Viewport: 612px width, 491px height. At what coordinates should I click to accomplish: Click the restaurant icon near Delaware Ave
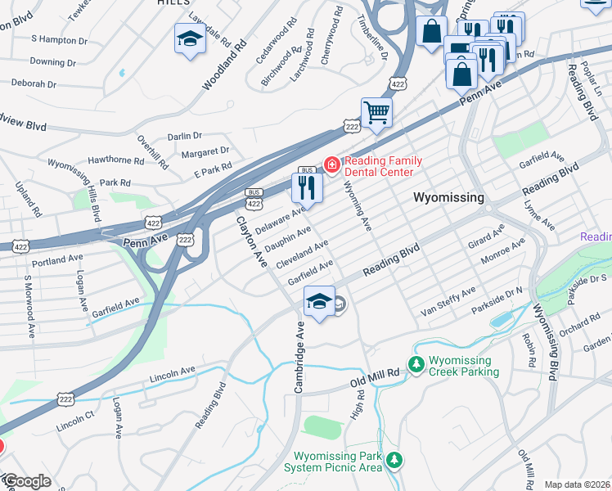click(x=308, y=188)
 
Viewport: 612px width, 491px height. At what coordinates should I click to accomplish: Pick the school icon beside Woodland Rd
click(x=191, y=38)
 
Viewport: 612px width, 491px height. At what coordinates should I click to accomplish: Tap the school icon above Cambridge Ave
click(x=319, y=301)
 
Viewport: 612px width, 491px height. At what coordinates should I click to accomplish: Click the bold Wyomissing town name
click(x=448, y=197)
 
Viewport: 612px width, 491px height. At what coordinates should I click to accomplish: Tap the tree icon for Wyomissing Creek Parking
click(x=416, y=363)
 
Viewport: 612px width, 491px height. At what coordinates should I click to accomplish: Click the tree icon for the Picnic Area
click(x=394, y=461)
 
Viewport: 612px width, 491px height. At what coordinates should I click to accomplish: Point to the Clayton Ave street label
click(x=252, y=241)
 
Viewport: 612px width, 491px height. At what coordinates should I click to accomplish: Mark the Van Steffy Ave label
click(x=448, y=302)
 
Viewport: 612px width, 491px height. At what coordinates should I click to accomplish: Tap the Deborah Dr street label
click(x=34, y=83)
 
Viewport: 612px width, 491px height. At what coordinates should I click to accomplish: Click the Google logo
click(x=26, y=481)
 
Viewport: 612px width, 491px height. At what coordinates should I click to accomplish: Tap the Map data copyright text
click(x=577, y=484)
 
